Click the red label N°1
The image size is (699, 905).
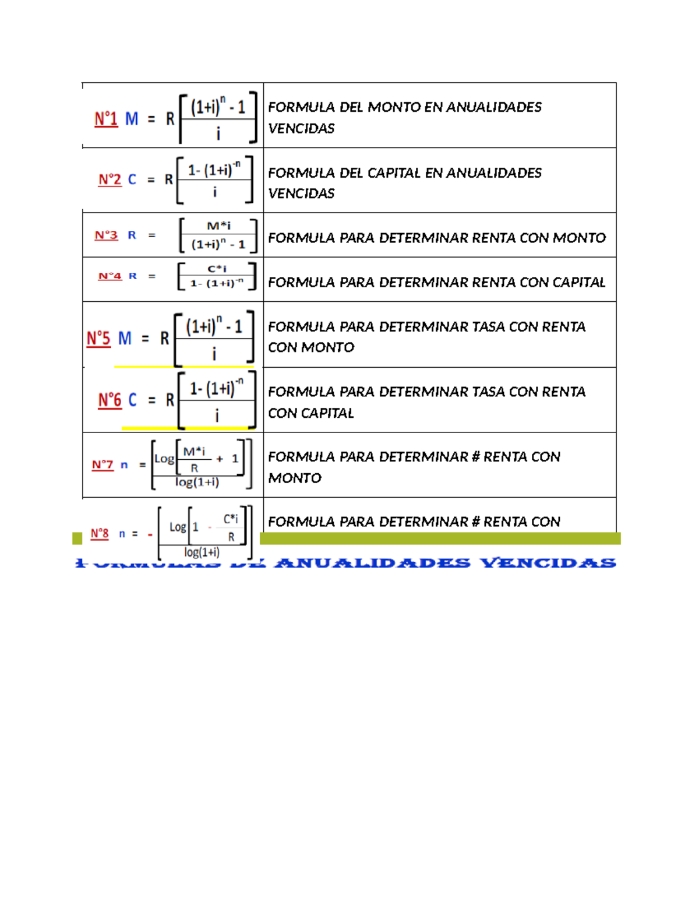pos(106,119)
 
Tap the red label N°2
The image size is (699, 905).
pos(110,179)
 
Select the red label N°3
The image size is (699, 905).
pos(106,235)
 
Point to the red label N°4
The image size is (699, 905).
pos(110,276)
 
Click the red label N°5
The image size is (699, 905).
pos(98,339)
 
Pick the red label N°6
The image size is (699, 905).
pos(110,400)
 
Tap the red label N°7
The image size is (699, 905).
pos(103,465)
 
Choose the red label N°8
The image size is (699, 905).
pos(100,534)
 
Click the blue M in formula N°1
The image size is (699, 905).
pos(132,119)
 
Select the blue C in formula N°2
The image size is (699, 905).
pos(132,179)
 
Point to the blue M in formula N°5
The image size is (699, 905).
pos(125,339)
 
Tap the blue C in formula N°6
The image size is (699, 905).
pos(132,400)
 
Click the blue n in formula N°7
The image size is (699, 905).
pos(124,465)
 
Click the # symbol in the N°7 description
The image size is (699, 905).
pos(475,457)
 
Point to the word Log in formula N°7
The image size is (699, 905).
pos(164,459)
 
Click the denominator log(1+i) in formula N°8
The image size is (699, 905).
pos(202,552)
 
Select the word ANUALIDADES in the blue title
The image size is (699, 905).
pos(372,563)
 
